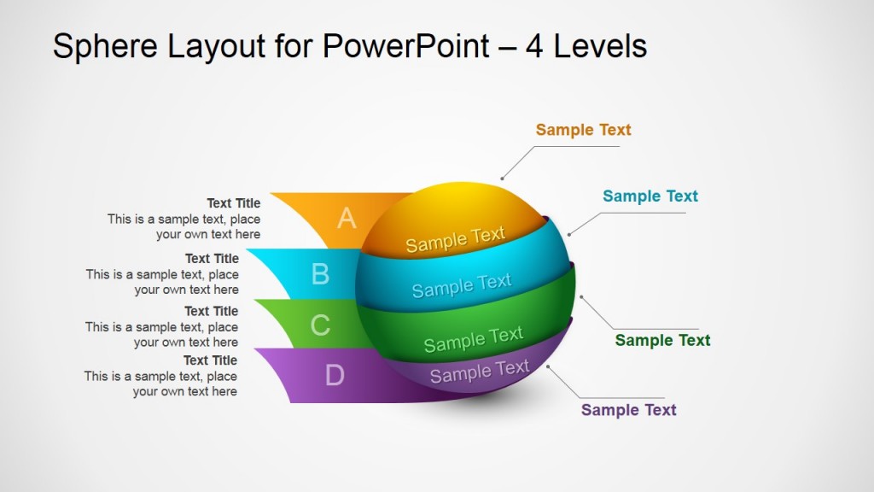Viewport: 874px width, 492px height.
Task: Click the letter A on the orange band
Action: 346,219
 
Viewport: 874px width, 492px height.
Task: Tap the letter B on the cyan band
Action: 320,273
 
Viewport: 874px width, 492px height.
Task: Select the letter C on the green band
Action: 320,325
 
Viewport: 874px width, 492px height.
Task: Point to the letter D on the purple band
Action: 335,374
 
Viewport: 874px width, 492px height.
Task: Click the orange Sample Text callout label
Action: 583,130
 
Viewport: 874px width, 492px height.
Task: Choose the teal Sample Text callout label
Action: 650,196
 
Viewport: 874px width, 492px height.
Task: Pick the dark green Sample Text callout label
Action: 662,340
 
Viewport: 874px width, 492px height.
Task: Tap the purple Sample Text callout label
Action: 628,410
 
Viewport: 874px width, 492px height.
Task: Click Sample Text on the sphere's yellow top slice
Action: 455,239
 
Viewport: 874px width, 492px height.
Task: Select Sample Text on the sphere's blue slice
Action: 462,285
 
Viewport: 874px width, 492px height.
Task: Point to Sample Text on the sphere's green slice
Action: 473,339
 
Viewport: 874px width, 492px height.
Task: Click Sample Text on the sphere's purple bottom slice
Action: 479,372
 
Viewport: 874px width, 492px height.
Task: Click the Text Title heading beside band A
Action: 233,203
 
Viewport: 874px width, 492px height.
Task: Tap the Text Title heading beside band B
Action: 212,259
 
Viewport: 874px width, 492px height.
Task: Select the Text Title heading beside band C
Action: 211,311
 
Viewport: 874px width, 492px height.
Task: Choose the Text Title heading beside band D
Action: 210,360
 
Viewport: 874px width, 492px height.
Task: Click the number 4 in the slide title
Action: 534,46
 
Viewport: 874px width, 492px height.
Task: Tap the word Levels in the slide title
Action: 600,46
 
